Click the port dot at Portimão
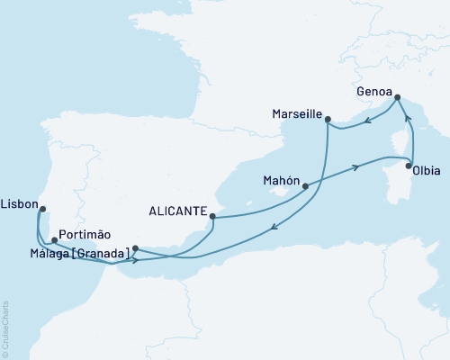coord(55,240)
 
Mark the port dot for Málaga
coord(135,248)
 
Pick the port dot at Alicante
coord(212,216)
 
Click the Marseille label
coord(295,114)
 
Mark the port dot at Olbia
coord(410,166)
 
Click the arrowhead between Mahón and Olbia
coord(358,166)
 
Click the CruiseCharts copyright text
coord(5,328)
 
